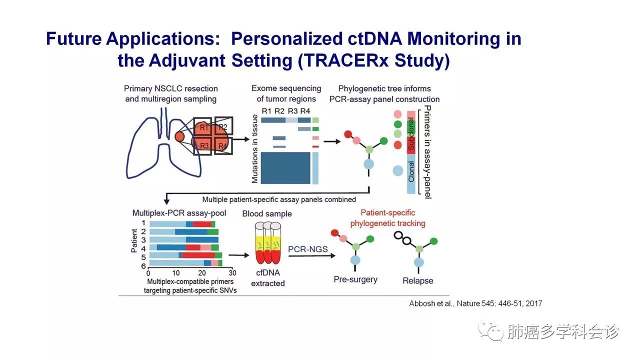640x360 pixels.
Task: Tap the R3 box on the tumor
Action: click(x=202, y=145)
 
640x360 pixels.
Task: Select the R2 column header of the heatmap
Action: click(x=279, y=111)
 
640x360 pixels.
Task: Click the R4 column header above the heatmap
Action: click(x=305, y=111)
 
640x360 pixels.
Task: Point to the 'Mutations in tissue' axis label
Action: click(x=254, y=148)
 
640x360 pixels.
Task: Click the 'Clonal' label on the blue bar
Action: click(x=411, y=171)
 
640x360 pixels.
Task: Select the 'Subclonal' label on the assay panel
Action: click(x=411, y=134)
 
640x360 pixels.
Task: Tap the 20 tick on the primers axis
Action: click(x=202, y=273)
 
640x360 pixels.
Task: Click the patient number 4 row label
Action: click(x=143, y=248)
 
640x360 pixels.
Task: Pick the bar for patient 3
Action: click(x=184, y=239)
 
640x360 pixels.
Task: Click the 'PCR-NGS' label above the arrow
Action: click(x=307, y=249)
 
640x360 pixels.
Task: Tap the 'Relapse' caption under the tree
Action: click(x=417, y=280)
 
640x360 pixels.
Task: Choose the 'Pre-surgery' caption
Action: click(x=355, y=279)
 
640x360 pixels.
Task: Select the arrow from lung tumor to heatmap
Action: click(x=241, y=139)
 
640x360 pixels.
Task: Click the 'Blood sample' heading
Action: click(x=267, y=213)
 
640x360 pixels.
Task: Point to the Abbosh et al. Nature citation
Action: click(x=475, y=303)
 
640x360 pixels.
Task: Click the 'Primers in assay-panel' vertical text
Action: click(x=427, y=151)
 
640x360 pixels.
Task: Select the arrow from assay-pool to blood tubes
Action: click(x=239, y=255)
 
